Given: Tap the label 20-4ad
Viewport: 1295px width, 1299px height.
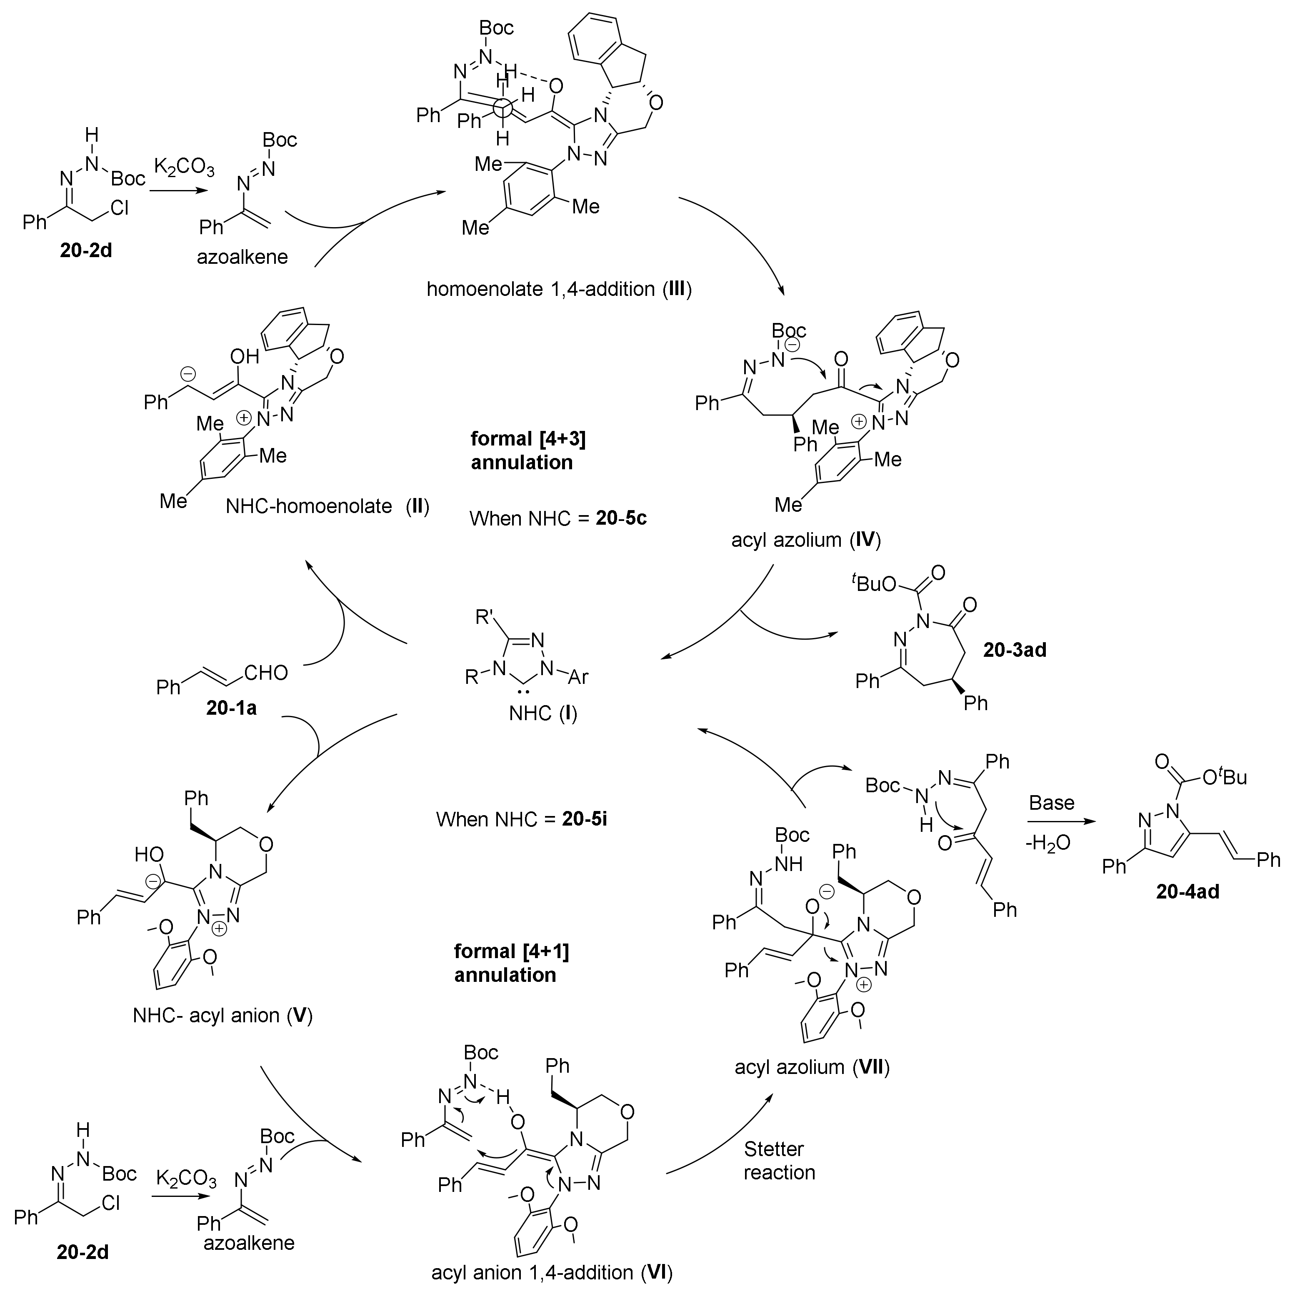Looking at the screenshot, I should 1187,891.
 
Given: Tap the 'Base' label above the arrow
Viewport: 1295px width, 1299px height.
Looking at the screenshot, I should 1052,803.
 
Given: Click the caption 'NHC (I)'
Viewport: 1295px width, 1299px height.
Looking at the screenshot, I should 543,713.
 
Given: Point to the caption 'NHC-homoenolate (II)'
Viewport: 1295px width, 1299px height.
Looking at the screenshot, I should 327,506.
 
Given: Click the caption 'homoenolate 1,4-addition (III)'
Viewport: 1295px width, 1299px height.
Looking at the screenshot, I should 560,289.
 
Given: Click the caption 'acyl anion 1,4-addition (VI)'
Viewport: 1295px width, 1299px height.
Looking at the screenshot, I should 551,1272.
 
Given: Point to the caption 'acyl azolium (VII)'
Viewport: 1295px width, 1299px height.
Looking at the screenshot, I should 812,1066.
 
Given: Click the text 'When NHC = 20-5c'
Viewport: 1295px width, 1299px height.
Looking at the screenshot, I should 558,518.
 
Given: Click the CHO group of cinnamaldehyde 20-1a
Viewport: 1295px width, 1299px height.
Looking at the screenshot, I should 265,672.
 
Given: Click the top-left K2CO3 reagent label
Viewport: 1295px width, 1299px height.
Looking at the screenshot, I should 184,167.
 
